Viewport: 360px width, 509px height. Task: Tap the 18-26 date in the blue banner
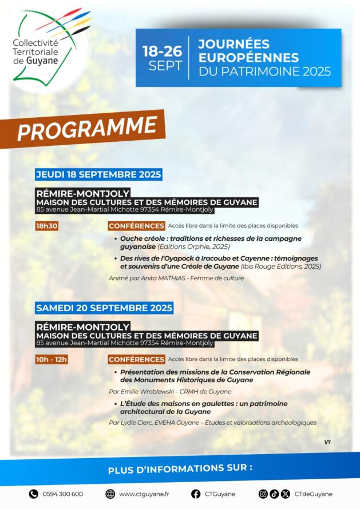click(162, 51)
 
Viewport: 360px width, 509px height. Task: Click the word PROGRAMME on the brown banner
click(87, 128)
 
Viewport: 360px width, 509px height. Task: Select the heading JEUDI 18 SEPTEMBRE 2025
click(98, 174)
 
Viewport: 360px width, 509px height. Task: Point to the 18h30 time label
click(47, 226)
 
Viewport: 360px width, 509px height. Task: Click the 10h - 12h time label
click(52, 359)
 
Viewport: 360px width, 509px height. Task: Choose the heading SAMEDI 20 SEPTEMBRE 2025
click(104, 308)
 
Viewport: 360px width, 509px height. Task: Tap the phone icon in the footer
click(33, 494)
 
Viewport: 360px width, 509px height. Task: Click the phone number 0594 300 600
click(63, 494)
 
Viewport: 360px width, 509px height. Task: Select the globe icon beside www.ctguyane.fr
click(110, 494)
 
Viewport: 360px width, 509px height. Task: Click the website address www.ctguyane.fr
click(144, 494)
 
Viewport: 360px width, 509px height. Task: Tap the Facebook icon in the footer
click(196, 494)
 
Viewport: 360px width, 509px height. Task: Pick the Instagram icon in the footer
click(263, 494)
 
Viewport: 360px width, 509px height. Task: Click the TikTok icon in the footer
click(274, 494)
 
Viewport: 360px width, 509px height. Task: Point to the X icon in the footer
click(285, 494)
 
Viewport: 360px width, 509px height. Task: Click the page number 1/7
click(327, 442)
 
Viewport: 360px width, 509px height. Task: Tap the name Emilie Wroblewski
click(148, 392)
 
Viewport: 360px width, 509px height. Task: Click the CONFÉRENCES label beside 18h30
click(136, 226)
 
